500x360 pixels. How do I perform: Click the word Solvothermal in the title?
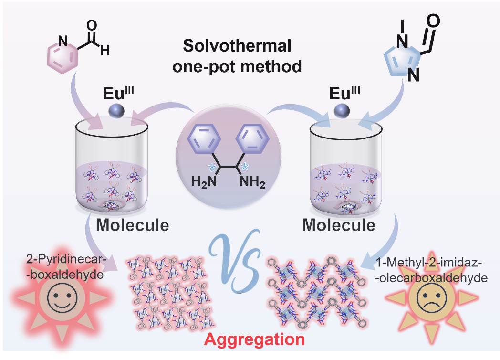(237, 46)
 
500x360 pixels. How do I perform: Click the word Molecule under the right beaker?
(339, 224)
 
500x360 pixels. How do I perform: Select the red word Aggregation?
(254, 339)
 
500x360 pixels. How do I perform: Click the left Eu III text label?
(117, 93)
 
